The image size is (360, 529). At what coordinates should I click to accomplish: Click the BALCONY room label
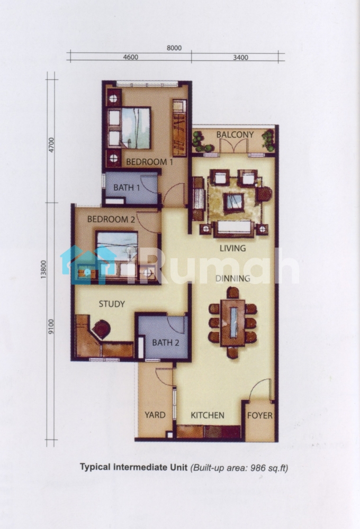[x=235, y=134]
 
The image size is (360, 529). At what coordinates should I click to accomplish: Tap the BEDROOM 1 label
[x=149, y=162]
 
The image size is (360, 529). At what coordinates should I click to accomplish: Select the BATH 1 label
[x=127, y=187]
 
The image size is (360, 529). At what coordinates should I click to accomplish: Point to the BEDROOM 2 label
[x=111, y=220]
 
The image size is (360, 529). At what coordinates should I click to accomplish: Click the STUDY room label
[x=112, y=304]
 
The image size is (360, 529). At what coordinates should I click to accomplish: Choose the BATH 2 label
[x=166, y=343]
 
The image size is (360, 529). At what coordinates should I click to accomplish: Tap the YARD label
[x=155, y=415]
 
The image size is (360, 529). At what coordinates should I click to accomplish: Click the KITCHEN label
[x=208, y=415]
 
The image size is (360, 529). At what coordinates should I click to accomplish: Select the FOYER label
[x=260, y=415]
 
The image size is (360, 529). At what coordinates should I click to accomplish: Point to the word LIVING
[x=233, y=248]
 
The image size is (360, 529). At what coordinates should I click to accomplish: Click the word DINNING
[x=233, y=278]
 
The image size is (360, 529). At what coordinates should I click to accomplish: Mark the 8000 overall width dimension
[x=174, y=48]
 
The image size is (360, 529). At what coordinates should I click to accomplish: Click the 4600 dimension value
[x=130, y=57]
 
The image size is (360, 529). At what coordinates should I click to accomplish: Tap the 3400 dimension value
[x=240, y=57]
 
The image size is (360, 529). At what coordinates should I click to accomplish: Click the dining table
[x=233, y=323]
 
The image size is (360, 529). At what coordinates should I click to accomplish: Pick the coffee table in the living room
[x=234, y=202]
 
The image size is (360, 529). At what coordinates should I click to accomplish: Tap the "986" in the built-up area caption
[x=257, y=468]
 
